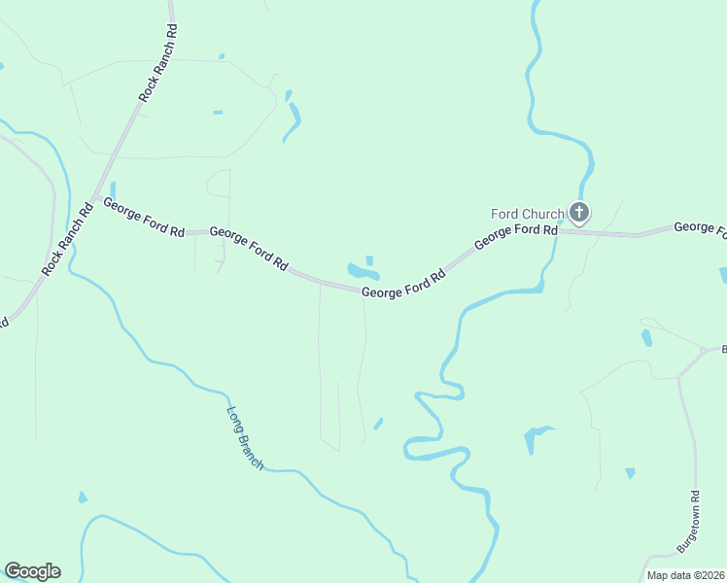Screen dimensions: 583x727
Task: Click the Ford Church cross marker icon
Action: (x=579, y=212)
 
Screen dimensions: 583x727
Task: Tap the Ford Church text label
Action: (x=527, y=214)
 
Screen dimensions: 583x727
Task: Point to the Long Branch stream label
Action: (x=245, y=438)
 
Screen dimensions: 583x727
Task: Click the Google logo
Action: (x=32, y=571)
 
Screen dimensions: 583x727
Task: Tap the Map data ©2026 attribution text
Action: (x=686, y=575)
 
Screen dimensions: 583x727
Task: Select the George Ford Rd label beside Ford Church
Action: (x=516, y=238)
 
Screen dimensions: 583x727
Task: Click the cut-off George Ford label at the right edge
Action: (x=700, y=227)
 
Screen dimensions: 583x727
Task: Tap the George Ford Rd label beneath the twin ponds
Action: (x=403, y=284)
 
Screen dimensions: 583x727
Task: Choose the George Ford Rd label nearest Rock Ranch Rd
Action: (x=144, y=220)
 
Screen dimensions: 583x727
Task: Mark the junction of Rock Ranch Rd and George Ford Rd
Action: (x=94, y=197)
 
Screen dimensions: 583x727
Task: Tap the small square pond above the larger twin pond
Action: (x=369, y=259)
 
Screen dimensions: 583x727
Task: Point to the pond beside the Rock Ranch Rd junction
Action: (x=113, y=189)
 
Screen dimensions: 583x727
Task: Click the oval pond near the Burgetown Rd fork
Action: (x=646, y=337)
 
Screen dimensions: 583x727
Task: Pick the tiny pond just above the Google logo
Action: (x=83, y=497)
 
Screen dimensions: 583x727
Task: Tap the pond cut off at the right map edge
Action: (x=723, y=276)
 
